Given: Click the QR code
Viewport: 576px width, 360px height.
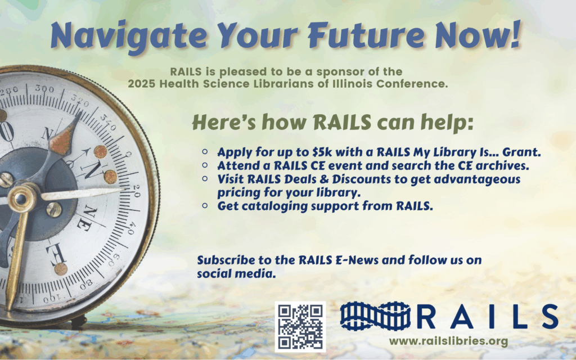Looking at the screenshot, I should click(x=300, y=327).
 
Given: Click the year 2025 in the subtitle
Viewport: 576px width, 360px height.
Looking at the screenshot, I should click(x=140, y=84).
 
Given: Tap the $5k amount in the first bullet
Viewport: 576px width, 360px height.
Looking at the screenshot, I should click(x=303, y=152).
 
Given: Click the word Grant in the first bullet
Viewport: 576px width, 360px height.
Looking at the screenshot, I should click(x=526, y=152).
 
